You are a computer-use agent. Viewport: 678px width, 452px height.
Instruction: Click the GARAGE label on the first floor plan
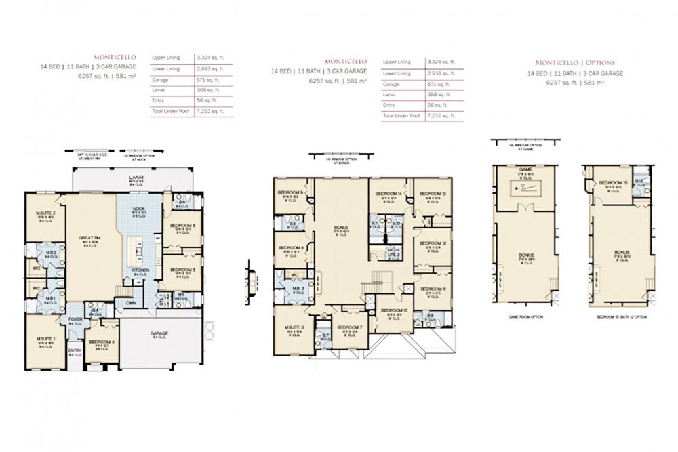click(x=160, y=333)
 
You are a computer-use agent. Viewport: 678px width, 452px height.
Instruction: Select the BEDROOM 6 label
click(x=183, y=226)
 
